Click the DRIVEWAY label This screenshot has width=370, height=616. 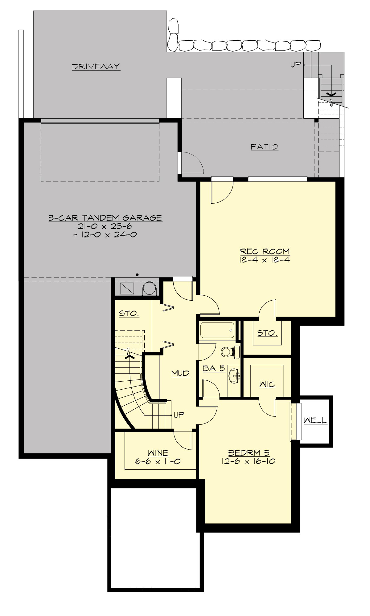[96, 67]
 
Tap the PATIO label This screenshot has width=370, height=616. [264, 147]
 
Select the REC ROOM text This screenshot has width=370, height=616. [265, 251]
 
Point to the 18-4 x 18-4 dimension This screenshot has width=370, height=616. [265, 260]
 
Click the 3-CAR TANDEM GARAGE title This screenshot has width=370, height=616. [105, 218]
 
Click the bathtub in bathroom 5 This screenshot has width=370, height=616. [217, 330]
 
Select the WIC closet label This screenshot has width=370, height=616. [267, 384]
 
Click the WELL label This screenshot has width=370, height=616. [315, 420]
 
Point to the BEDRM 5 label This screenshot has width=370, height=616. [249, 453]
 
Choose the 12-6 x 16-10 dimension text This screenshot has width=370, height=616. [248, 461]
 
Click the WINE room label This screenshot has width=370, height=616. [158, 453]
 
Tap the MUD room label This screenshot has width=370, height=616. [180, 374]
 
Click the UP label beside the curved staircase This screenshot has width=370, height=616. [179, 415]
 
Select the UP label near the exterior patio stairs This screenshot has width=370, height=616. [295, 65]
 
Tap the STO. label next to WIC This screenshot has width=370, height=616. [267, 333]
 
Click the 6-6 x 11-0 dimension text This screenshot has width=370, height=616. [158, 461]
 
